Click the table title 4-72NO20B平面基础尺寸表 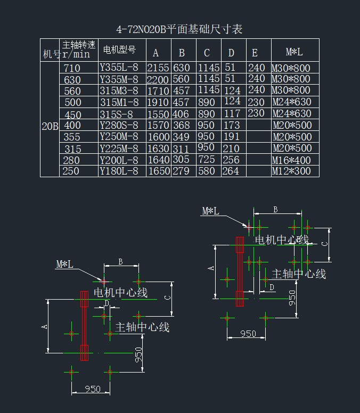tap(179, 29)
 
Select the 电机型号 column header tap(119, 51)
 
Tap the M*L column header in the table tap(294, 52)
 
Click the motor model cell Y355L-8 tap(119, 68)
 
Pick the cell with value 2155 tap(158, 68)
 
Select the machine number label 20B tap(50, 127)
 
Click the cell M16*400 tap(291, 160)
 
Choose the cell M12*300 tap(291, 171)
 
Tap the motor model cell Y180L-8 tap(119, 171)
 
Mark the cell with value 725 tap(206, 160)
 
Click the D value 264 tap(231, 171)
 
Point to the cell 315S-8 tap(116, 114)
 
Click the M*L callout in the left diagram tap(65, 264)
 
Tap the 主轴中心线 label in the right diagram tap(299, 274)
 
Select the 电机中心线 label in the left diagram tap(120, 293)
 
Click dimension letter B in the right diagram tap(275, 210)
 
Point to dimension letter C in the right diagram tap(325, 243)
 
